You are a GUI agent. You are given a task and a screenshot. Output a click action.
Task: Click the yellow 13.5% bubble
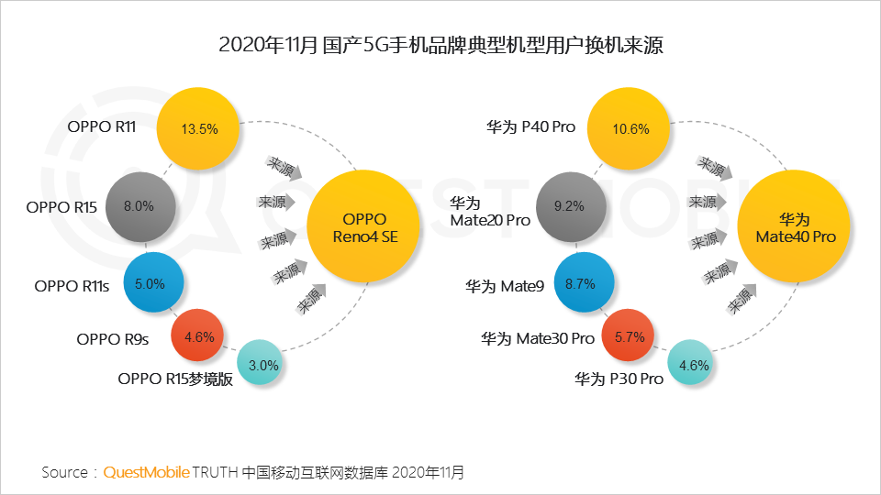(199, 129)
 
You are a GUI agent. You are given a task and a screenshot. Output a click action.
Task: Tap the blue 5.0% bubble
(150, 284)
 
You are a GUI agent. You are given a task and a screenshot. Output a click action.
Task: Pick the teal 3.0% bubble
(263, 365)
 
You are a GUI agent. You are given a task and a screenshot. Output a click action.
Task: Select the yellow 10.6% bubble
(630, 129)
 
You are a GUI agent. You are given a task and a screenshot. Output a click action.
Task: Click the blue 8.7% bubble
(580, 284)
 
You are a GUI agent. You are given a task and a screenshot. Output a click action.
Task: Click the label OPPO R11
(102, 126)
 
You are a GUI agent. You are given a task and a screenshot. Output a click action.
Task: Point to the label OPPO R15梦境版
(175, 379)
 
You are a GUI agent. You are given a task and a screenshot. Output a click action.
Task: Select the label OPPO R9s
(113, 339)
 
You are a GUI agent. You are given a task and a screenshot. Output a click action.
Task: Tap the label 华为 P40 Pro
(530, 126)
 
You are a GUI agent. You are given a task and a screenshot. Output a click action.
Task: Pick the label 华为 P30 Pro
(619, 379)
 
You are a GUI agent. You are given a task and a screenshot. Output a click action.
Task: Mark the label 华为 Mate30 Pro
(538, 339)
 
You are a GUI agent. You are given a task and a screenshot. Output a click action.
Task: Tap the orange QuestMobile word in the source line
(147, 472)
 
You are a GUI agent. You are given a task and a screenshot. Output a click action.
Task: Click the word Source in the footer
(65, 472)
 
